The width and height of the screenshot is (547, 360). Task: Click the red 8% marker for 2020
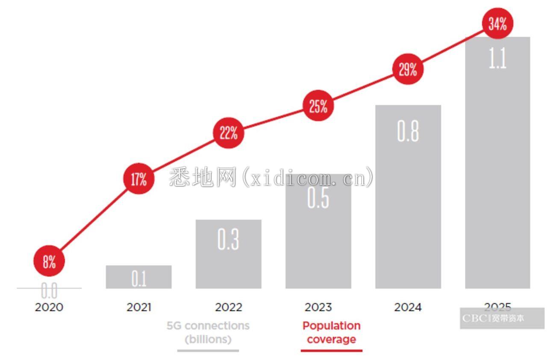pyautogui.click(x=49, y=261)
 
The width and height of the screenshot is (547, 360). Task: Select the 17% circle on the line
pyautogui.click(x=138, y=179)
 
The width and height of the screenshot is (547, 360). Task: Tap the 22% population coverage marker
pyautogui.click(x=228, y=133)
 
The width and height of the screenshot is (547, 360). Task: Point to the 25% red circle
pyautogui.click(x=318, y=106)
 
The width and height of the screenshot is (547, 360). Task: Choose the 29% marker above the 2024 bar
pyautogui.click(x=408, y=69)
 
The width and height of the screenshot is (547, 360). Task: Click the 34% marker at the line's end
pyautogui.click(x=497, y=23)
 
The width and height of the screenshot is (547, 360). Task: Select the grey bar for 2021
pyautogui.click(x=138, y=277)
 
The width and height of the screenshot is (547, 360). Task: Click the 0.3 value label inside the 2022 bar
pyautogui.click(x=228, y=239)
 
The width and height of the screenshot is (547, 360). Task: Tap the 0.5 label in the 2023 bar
pyautogui.click(x=318, y=197)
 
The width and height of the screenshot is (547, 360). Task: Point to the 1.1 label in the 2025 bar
pyautogui.click(x=497, y=59)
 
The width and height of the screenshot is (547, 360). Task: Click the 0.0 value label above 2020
pyautogui.click(x=49, y=291)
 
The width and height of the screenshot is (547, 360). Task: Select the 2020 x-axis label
pyautogui.click(x=49, y=307)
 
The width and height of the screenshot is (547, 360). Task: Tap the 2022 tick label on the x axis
pyautogui.click(x=228, y=307)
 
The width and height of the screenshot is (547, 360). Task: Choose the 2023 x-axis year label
pyautogui.click(x=318, y=307)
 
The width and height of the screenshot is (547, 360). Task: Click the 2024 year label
pyautogui.click(x=408, y=307)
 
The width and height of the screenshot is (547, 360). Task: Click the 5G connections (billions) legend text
pyautogui.click(x=208, y=332)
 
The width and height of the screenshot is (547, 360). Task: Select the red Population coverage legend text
pyautogui.click(x=331, y=332)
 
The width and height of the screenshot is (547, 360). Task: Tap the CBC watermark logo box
pyautogui.click(x=502, y=319)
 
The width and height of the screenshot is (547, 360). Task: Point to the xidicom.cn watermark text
pyautogui.click(x=271, y=178)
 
